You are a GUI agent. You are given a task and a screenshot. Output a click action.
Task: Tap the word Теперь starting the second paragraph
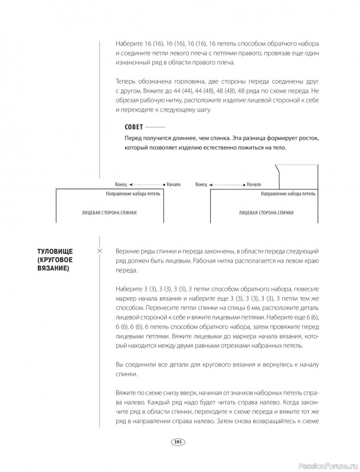(x=123, y=80)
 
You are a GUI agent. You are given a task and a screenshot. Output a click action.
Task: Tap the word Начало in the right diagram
(x=254, y=184)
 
